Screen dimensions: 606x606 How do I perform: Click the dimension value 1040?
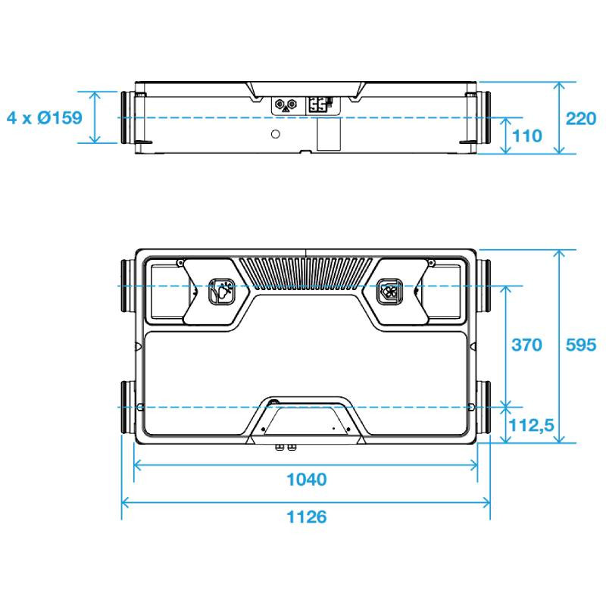(x=307, y=479)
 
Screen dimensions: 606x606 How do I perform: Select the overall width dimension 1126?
(x=307, y=517)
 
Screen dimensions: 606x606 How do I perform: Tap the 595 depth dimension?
(x=581, y=345)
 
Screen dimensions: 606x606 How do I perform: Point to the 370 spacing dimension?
(x=526, y=345)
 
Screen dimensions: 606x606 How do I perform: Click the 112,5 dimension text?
(x=532, y=426)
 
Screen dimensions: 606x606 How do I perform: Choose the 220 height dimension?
(x=581, y=118)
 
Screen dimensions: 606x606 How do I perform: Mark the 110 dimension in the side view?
(x=526, y=136)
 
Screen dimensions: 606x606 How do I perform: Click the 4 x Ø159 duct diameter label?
(x=45, y=117)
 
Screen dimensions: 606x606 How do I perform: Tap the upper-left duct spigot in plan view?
(x=128, y=286)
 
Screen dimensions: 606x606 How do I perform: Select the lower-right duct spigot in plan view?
(x=483, y=407)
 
